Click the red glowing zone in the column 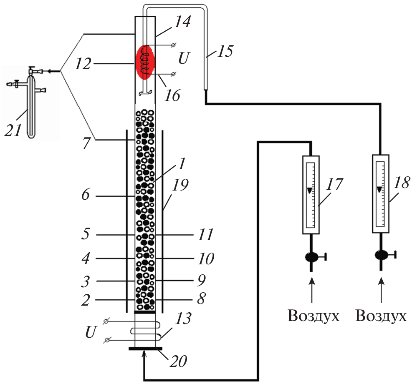145,61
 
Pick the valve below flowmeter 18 381,254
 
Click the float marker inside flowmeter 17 309,191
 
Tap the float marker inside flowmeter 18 379,190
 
